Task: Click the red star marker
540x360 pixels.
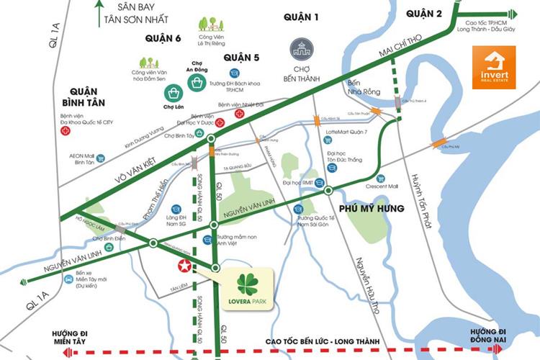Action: coord(185,266)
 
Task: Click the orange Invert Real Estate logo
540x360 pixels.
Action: coord(493,67)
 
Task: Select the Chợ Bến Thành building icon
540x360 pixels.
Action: coord(301,50)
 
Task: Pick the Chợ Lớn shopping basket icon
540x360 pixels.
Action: coord(173,92)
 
